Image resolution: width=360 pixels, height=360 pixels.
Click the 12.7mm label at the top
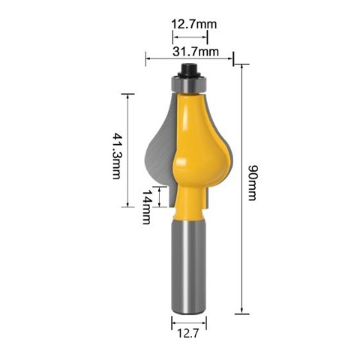193,24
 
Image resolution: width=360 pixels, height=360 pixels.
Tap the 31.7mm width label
196,52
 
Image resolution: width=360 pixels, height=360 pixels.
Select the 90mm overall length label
252,182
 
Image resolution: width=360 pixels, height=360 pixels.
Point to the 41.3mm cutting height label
116,156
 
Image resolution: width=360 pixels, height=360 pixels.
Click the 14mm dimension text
147,207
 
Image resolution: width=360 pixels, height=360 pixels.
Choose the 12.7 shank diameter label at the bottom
187,333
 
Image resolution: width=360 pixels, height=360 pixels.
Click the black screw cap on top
189,70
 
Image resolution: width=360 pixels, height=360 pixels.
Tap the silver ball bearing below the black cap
189,84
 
